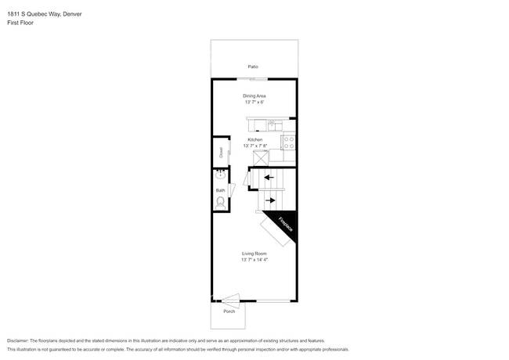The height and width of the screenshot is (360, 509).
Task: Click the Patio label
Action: point(253,67)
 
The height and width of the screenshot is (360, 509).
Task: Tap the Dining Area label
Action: point(254,95)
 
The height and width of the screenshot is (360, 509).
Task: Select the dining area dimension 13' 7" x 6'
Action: point(254,102)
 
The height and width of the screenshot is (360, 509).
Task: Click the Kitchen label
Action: point(254,139)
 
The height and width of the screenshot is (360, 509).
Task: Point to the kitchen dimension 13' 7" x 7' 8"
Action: point(255,146)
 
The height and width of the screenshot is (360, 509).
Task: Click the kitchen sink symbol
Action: point(273,123)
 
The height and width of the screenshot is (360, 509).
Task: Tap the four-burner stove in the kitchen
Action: point(288,142)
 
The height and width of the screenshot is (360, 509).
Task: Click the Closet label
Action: point(221,153)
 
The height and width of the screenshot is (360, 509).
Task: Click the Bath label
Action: point(221,190)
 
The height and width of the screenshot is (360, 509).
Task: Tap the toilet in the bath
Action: point(220,203)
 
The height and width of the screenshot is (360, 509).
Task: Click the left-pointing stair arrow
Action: point(269,178)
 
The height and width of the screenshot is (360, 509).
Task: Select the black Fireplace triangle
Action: point(283,222)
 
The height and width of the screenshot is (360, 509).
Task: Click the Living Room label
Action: point(254,253)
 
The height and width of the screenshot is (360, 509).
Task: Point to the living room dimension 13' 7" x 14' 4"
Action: point(254,259)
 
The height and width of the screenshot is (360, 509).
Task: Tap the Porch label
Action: point(229,311)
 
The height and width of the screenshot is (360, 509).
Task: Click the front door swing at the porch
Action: point(231,298)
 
